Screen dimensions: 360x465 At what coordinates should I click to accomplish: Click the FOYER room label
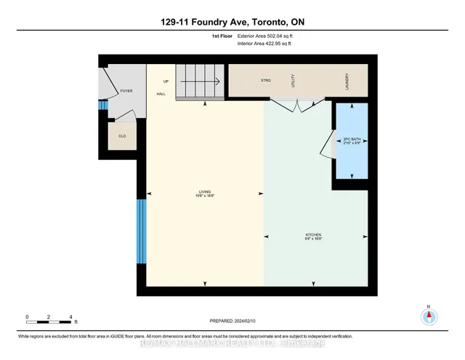tap(126, 91)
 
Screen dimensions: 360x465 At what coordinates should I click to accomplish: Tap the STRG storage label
tap(266, 80)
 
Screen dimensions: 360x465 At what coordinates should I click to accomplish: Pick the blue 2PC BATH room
tap(351, 142)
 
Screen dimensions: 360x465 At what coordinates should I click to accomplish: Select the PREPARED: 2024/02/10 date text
tap(232, 320)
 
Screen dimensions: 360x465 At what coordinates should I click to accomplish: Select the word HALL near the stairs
tap(160, 95)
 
